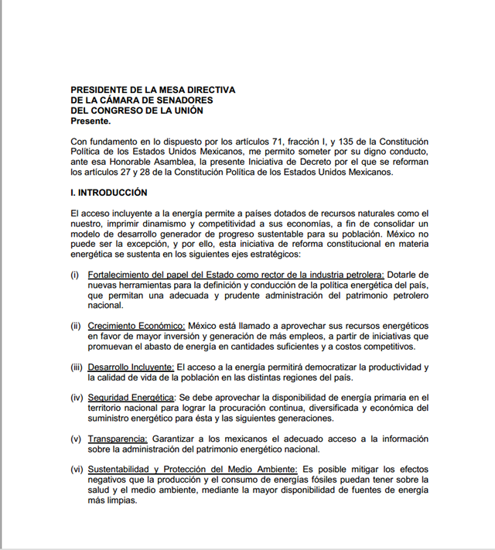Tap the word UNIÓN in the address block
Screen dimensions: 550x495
coord(185,111)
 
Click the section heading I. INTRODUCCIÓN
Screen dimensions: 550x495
coord(109,192)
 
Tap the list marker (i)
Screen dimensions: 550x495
coord(75,275)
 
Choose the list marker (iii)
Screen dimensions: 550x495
coord(77,367)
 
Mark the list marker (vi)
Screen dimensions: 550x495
coord(77,470)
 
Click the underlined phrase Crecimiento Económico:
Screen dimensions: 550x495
coord(136,326)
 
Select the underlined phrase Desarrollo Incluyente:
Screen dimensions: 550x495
coord(131,367)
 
